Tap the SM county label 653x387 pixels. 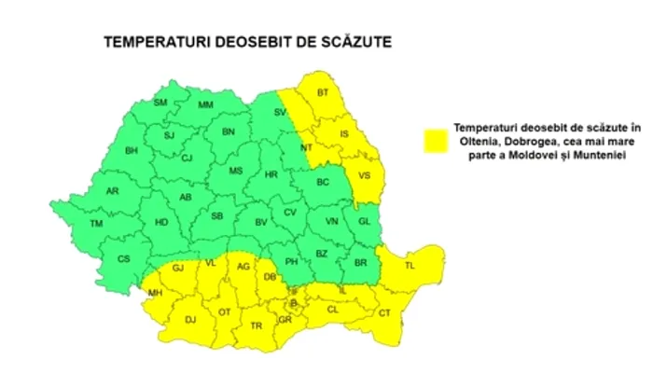click(x=160, y=102)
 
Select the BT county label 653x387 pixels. click(x=324, y=92)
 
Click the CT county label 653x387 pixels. click(x=384, y=314)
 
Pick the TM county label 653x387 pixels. click(x=96, y=224)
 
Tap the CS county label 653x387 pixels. click(x=122, y=258)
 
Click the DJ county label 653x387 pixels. click(x=190, y=320)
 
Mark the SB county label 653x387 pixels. click(x=216, y=216)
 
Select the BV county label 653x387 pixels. click(x=261, y=222)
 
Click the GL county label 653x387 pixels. click(x=364, y=221)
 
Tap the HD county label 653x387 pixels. click(x=161, y=222)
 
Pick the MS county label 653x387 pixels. click(x=236, y=171)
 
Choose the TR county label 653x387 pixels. click(x=255, y=325)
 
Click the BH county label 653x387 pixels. click(x=132, y=150)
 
